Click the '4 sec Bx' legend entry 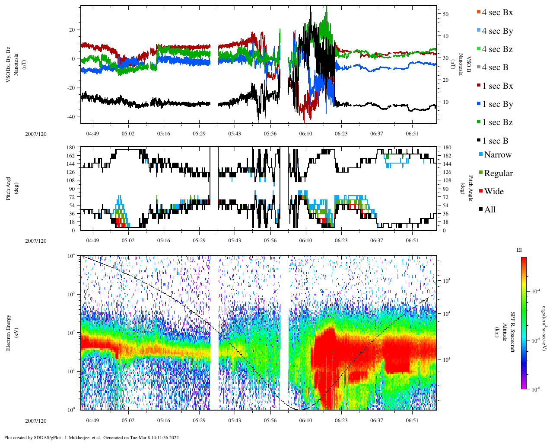tap(497, 13)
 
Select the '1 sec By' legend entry tap(497, 104)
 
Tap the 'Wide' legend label tap(494, 192)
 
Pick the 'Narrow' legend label tap(498, 155)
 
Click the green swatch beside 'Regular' tap(481, 173)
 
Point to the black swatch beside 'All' tap(481, 209)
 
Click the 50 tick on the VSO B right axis tap(445, 14)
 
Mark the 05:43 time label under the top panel tap(235, 134)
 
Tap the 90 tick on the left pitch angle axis tap(71, 189)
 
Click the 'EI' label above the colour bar tap(519, 250)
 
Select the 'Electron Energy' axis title tap(9, 332)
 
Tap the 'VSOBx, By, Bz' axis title tap(9, 65)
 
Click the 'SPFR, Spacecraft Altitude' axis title tap(509, 332)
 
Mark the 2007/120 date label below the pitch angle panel tap(35, 241)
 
